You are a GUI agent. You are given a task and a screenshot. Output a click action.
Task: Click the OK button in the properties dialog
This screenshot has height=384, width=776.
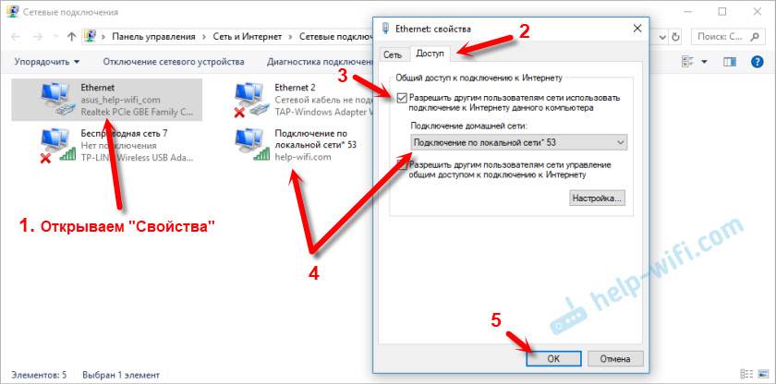[x=553, y=359]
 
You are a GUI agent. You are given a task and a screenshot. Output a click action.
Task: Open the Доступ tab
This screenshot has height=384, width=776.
[x=430, y=54]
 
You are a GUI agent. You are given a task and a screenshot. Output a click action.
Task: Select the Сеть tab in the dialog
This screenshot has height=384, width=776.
[x=393, y=54]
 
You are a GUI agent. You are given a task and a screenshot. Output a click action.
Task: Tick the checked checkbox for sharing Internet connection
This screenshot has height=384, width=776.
[x=403, y=98]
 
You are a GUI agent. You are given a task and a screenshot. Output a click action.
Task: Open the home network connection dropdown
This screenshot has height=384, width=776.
[x=518, y=142]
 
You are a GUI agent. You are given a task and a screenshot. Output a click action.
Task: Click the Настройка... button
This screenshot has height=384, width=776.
[x=597, y=198]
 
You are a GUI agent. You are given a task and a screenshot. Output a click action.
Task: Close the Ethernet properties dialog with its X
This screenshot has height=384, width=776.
[x=637, y=29]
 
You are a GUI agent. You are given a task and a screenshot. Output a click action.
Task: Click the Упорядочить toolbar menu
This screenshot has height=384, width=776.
[x=47, y=62]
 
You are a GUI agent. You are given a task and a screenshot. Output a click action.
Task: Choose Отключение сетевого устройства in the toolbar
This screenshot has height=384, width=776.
[x=174, y=62]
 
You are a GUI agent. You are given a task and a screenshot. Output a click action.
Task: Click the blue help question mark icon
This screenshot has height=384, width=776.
[x=758, y=62]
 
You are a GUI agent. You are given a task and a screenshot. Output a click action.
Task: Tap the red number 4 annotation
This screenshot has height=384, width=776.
[x=314, y=272]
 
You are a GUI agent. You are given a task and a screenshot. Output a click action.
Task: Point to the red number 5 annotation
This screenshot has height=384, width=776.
[x=496, y=320]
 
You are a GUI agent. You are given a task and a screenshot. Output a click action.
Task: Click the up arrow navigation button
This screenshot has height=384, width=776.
[x=72, y=37]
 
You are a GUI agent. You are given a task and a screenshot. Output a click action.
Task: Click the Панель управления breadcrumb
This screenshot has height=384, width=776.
[x=153, y=37]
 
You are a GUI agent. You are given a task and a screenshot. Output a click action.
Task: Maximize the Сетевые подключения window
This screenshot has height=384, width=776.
[x=723, y=11]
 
